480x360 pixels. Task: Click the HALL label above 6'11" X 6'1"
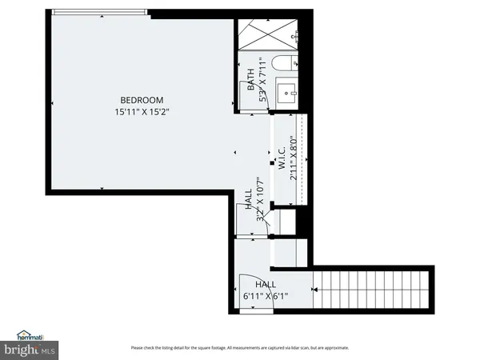coord(266,284)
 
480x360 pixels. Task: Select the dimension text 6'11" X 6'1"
coord(266,296)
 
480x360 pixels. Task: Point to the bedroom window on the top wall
coord(96,14)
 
